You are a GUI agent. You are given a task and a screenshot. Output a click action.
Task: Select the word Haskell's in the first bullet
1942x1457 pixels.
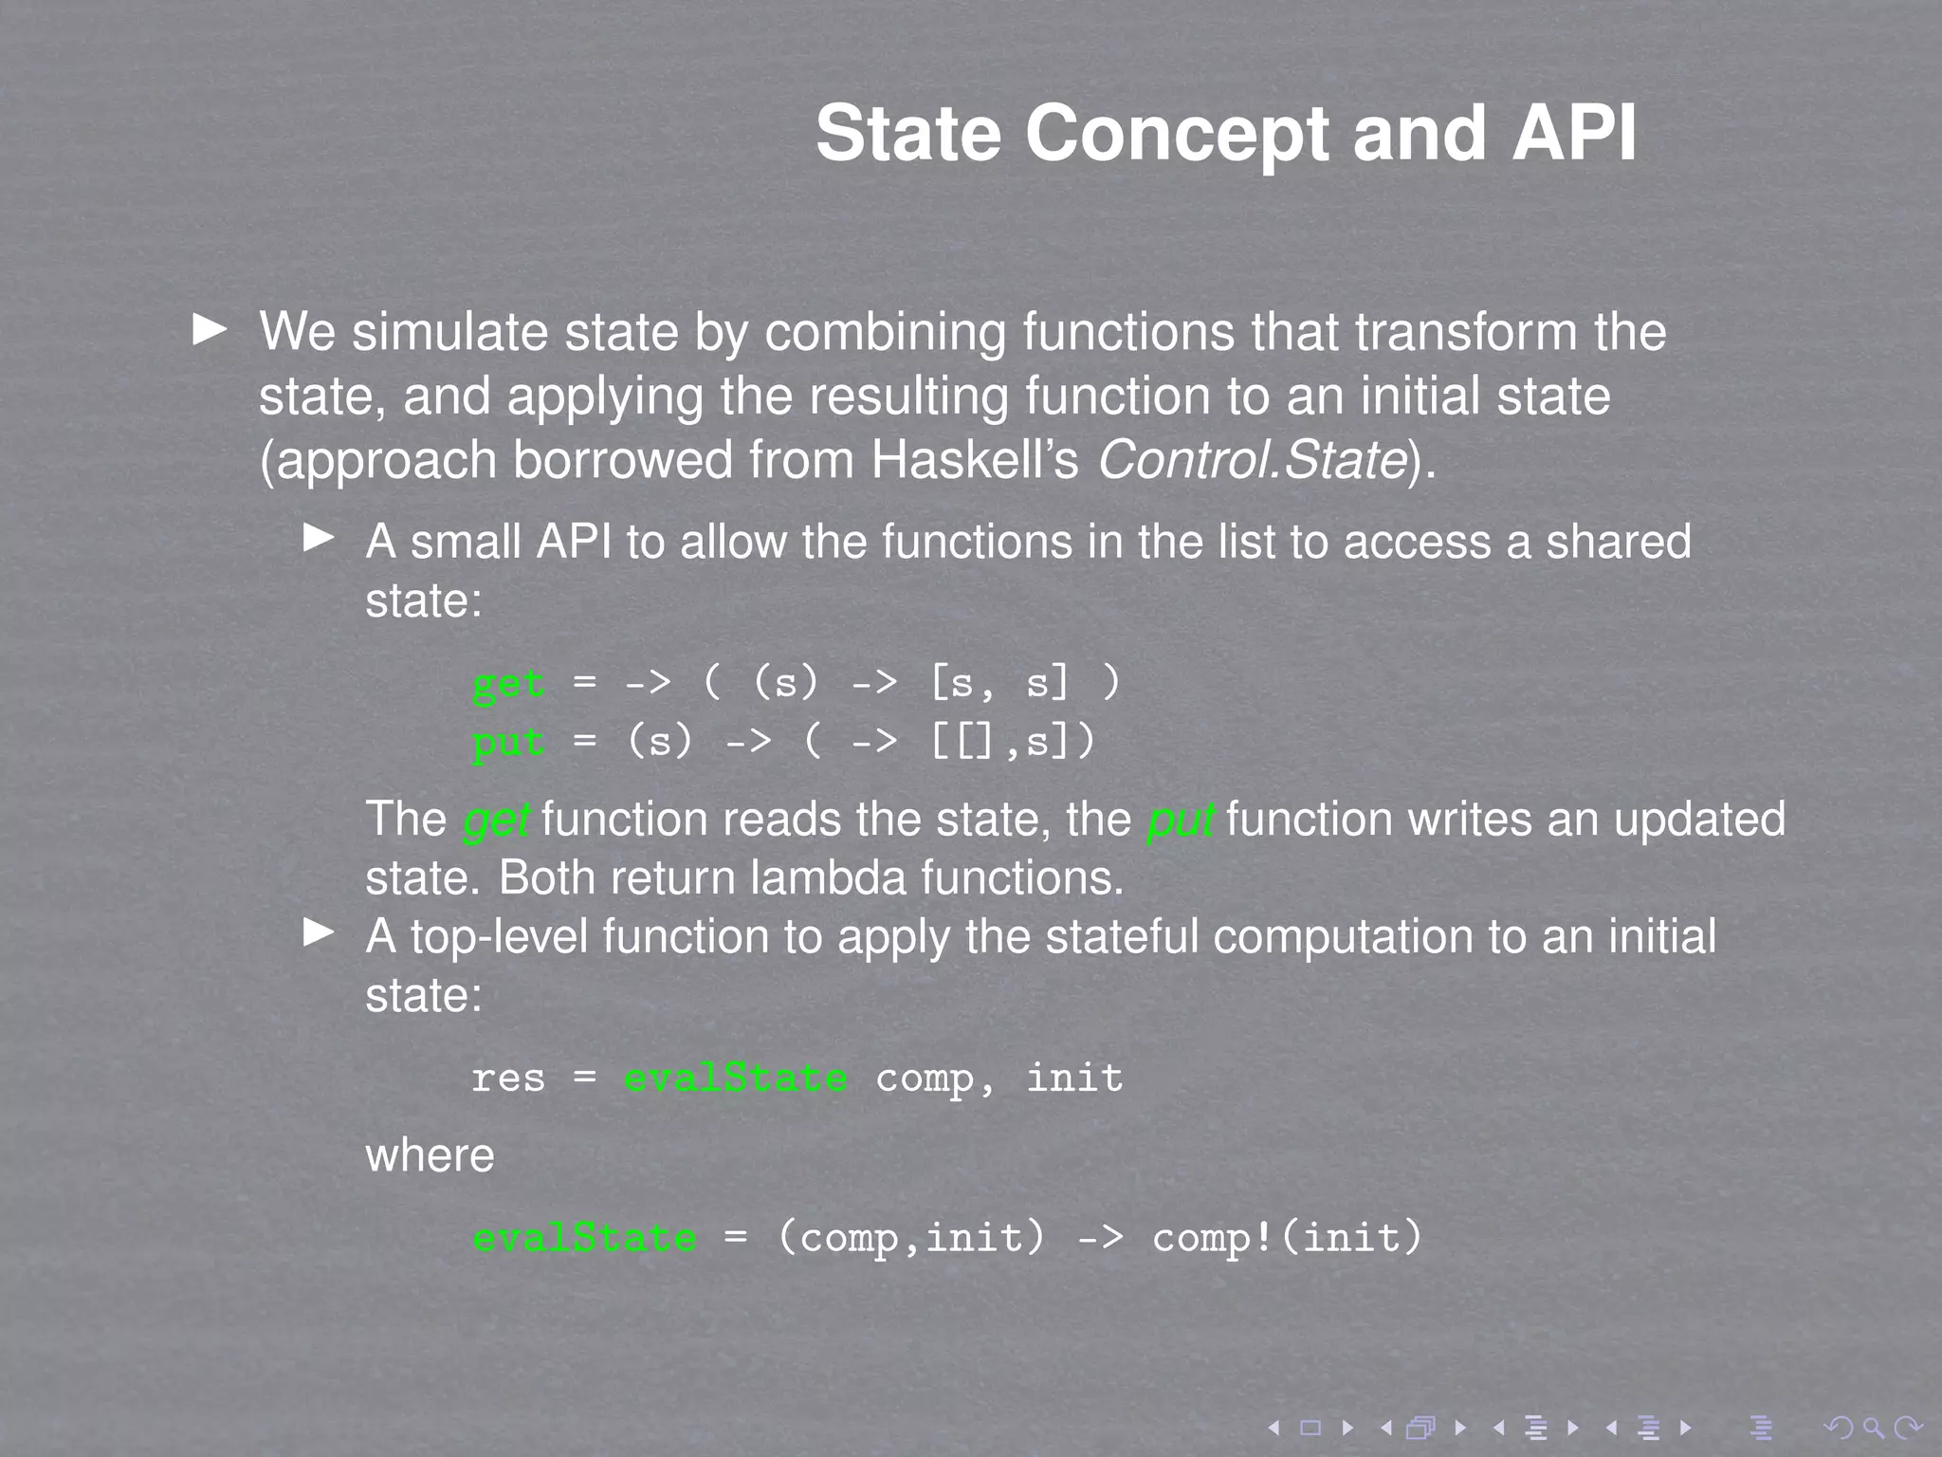coord(975,460)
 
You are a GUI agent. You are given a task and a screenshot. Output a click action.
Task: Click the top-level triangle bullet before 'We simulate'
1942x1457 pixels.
coord(210,330)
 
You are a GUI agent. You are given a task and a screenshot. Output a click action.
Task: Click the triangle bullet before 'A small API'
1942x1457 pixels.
coord(319,539)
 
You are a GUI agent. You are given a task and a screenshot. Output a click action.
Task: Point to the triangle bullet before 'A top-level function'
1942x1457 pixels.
coord(319,932)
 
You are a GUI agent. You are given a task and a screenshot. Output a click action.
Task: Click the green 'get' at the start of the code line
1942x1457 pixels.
coord(508,683)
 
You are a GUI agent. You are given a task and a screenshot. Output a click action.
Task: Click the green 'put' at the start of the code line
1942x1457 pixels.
coord(508,742)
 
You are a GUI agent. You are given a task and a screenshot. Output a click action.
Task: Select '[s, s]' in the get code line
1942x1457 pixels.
coord(999,683)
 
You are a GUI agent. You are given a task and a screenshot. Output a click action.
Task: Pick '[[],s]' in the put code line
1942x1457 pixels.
coord(1012,741)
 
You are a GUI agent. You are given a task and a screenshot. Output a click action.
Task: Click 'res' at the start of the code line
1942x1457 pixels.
coord(508,1079)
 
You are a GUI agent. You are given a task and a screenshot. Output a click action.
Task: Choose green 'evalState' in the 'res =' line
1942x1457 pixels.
coord(735,1079)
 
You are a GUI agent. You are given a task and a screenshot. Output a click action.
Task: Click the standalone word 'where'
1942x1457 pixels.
coord(430,1155)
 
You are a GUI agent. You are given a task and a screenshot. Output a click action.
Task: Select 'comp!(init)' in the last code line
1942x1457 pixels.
coord(1287,1237)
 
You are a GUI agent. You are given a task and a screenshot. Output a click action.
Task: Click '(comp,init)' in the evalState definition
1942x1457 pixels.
coord(910,1237)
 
